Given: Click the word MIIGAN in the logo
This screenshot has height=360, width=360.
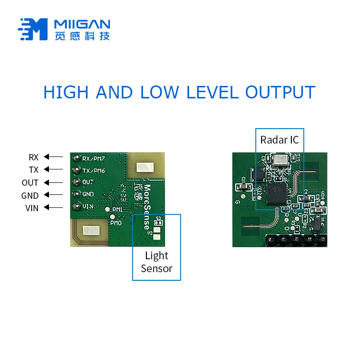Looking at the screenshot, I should pyautogui.click(x=82, y=24).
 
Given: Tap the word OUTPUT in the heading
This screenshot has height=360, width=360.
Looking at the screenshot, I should pyautogui.click(x=280, y=92).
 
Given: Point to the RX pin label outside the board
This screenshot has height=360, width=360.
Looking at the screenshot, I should pyautogui.click(x=33, y=157).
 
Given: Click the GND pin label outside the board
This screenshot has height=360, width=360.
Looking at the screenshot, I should pyautogui.click(x=30, y=195).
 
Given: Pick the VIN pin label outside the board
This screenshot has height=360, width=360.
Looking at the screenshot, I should pyautogui.click(x=32, y=208).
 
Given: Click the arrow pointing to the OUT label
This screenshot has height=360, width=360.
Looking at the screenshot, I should pyautogui.click(x=53, y=182).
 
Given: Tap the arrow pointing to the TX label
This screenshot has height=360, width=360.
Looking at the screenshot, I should pyautogui.click(x=53, y=169).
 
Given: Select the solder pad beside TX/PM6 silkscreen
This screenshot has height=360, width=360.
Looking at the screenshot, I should pyautogui.click(x=76, y=170).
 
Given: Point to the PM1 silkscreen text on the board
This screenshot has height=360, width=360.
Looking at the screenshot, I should pyautogui.click(x=117, y=210).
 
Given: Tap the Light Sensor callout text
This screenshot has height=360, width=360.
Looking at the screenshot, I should pyautogui.click(x=156, y=262).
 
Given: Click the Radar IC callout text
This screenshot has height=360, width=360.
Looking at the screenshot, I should pyautogui.click(x=279, y=140).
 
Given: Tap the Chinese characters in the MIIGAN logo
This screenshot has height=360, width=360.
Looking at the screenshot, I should pyautogui.click(x=82, y=36).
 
